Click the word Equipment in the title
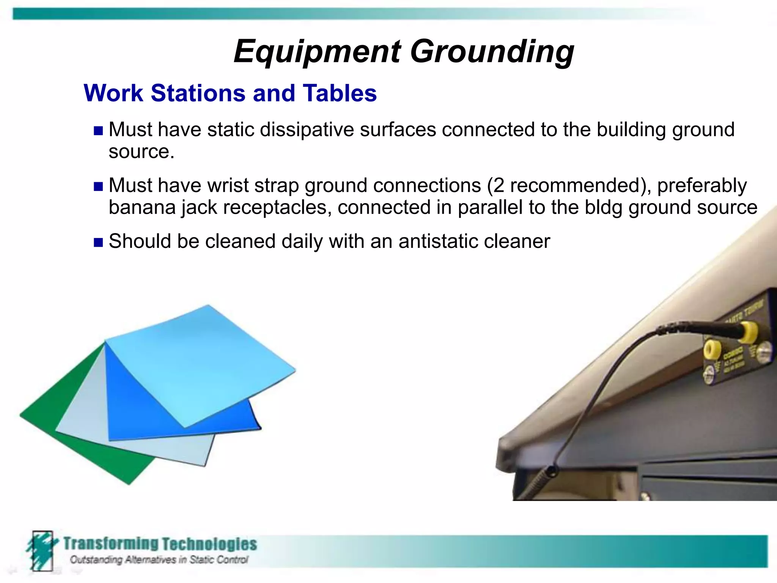coord(317,52)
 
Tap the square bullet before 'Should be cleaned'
coord(98,243)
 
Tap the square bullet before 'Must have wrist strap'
coord(98,186)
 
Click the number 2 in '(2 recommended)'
coord(499,186)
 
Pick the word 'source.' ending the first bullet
coord(141,152)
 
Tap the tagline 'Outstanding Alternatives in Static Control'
coord(159,560)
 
